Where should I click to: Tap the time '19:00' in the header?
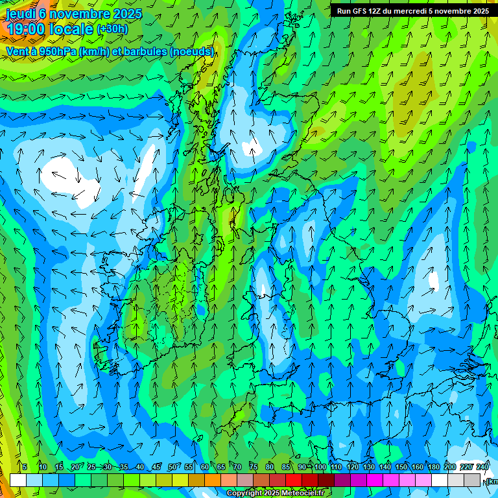pyautogui.click(x=25, y=29)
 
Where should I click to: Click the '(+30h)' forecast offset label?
pyautogui.click(x=112, y=29)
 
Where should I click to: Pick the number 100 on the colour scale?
pyautogui.click(x=320, y=468)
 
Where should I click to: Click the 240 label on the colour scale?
pyautogui.click(x=482, y=468)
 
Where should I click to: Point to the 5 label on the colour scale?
pyautogui.click(x=25, y=468)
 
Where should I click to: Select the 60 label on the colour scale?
pyautogui.click(x=205, y=468)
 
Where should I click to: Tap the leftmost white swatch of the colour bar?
pyautogui.click(x=18, y=480)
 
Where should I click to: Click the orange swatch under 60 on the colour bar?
pyautogui.click(x=196, y=480)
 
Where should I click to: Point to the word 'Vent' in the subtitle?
pyautogui.click(x=18, y=51)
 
